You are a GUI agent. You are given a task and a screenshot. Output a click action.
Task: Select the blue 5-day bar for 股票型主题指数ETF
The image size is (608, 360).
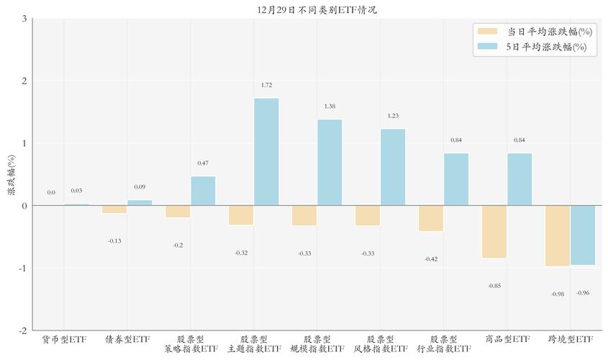coord(266,151)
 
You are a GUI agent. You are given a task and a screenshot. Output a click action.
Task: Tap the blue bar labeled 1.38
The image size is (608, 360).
coord(330,162)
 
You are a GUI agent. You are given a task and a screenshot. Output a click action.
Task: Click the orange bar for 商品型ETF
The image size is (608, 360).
coord(494,232)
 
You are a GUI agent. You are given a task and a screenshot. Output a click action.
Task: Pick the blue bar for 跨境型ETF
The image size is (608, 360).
coord(583,235)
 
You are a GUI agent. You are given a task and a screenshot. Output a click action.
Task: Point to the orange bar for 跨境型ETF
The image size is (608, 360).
coord(558,236)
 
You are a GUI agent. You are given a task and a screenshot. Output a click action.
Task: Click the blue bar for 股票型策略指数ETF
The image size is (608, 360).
coord(203,191)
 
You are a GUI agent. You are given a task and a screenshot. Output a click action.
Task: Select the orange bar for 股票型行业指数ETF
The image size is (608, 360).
coord(431,218)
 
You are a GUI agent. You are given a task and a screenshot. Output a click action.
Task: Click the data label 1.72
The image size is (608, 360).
coord(266,86)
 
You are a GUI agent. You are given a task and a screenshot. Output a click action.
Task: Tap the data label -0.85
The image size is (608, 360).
coord(494,286)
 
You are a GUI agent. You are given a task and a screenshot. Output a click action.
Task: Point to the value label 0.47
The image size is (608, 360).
coord(203,163)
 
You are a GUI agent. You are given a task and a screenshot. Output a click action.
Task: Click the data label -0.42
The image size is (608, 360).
coord(431,259)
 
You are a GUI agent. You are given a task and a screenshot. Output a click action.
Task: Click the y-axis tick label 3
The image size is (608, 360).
coord(24,19)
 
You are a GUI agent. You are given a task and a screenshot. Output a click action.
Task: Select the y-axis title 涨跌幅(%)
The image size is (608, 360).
coord(11,175)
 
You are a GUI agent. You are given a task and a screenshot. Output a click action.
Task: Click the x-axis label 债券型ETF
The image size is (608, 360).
coord(127,339)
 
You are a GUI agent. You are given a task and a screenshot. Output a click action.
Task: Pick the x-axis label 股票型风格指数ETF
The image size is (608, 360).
coord(381,344)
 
